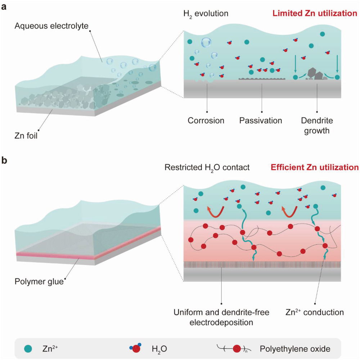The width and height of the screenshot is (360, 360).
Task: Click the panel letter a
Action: [x=5, y=6]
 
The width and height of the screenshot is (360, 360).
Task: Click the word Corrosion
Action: [x=206, y=120]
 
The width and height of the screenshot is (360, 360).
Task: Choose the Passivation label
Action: [x=261, y=120]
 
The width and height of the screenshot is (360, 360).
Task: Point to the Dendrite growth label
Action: [x=316, y=125]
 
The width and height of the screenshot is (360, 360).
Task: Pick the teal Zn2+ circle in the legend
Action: [x=28, y=348]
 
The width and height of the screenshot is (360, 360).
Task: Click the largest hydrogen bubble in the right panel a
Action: [x=207, y=42]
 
